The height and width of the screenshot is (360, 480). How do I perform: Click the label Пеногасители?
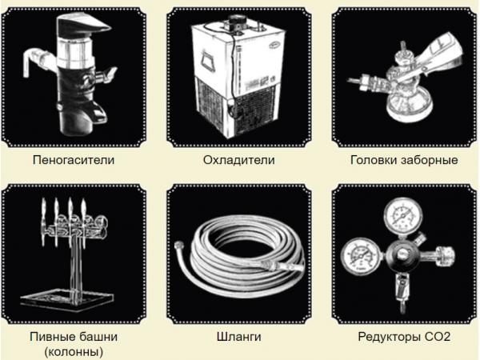click(74, 160)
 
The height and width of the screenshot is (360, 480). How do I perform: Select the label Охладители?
click(238, 160)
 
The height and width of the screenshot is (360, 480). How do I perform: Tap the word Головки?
click(374, 160)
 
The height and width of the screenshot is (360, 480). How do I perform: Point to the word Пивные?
click(51, 337)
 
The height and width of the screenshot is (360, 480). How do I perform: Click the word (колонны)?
click(74, 351)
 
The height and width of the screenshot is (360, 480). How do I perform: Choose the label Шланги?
click(238, 337)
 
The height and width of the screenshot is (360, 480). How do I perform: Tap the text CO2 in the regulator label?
click(438, 337)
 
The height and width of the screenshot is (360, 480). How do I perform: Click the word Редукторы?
click(390, 338)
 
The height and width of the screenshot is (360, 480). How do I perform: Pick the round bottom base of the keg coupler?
click(410, 106)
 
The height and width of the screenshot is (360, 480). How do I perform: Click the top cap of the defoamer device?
click(82, 26)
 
